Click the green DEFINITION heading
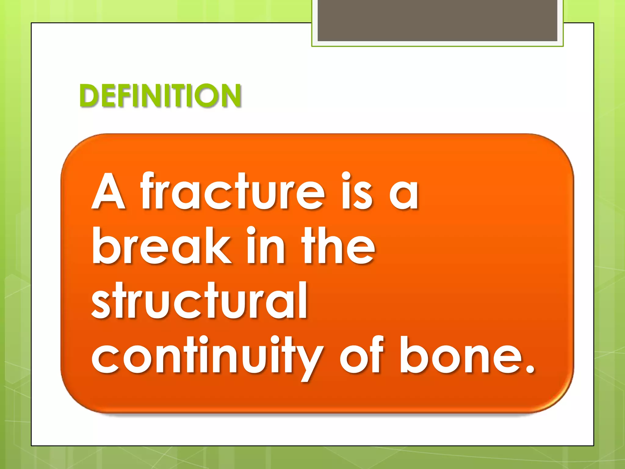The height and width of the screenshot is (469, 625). click(x=160, y=96)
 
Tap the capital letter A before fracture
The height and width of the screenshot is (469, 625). click(x=108, y=192)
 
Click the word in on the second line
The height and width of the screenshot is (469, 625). click(x=266, y=246)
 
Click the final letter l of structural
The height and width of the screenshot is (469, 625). click(x=303, y=301)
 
